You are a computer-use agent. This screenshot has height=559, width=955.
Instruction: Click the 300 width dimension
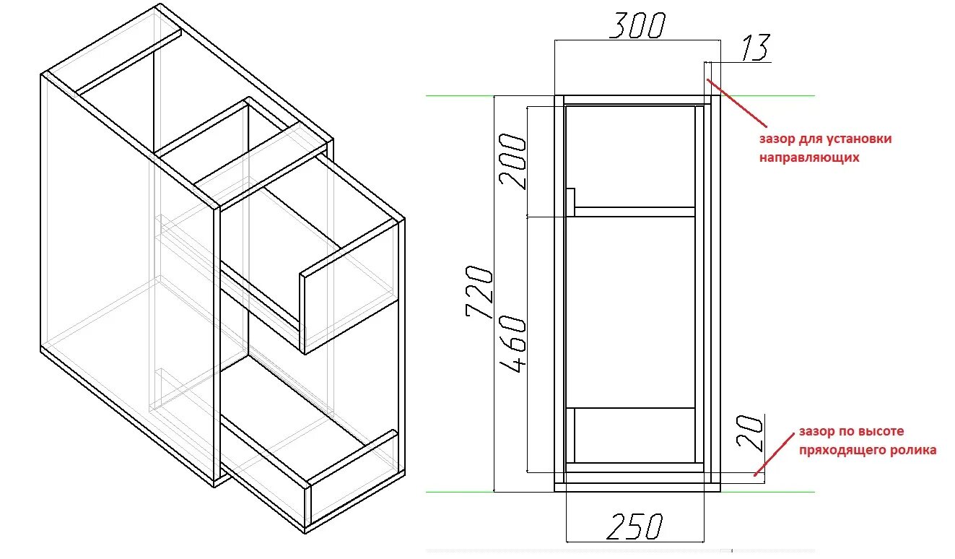[x=636, y=26]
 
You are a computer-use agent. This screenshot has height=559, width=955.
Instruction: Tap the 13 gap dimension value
[x=754, y=48]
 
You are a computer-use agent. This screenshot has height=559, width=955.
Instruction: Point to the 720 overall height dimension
[x=479, y=291]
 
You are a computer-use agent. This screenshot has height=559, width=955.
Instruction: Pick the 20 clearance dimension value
[x=751, y=432]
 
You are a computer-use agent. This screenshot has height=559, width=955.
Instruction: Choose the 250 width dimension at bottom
[x=634, y=527]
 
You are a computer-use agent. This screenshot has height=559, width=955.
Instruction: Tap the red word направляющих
[x=808, y=156]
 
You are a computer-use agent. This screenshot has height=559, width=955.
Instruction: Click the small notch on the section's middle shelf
[x=570, y=201]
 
